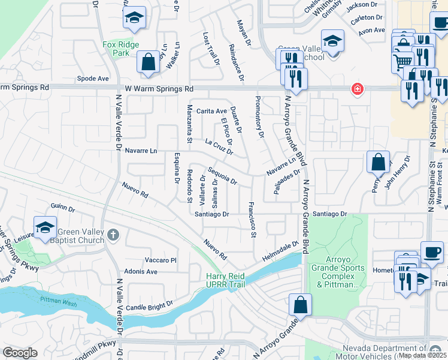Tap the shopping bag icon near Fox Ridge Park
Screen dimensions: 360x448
click(x=147, y=62)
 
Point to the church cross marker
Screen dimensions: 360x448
click(x=113, y=236)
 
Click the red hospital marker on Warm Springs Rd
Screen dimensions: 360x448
click(x=358, y=89)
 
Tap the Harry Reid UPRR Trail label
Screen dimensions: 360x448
click(x=225, y=280)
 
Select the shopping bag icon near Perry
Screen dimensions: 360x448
click(x=378, y=162)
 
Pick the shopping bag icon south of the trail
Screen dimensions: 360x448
click(x=300, y=305)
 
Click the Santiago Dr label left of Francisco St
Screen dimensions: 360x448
click(x=212, y=214)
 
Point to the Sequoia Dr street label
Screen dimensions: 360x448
click(x=222, y=175)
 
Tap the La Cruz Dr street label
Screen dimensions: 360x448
click(x=218, y=147)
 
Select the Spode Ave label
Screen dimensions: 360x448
click(x=93, y=79)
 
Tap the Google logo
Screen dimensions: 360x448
click(x=20, y=353)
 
